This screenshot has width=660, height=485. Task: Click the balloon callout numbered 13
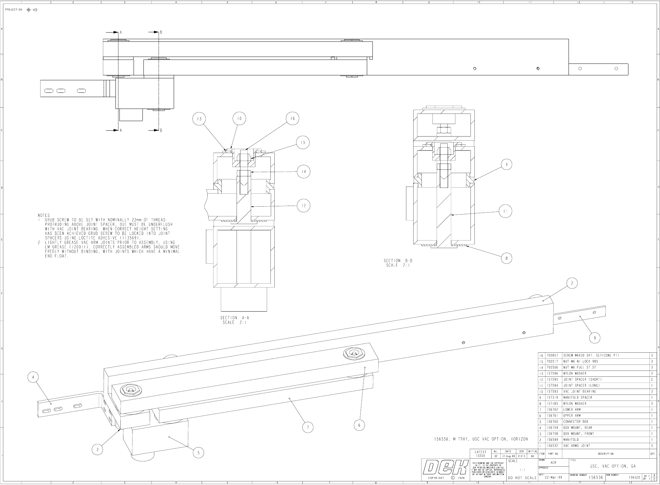coord(199,119)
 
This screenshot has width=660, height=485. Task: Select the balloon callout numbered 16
coord(292,118)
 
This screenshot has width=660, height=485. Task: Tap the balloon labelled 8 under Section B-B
coord(506,258)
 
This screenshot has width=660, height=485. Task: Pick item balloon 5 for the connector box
coord(198,453)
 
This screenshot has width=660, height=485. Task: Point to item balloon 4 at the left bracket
coord(33,377)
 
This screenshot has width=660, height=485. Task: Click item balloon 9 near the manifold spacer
coord(595,338)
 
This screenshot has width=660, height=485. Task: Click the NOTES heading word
coord(44,215)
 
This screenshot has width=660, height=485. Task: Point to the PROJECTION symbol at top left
coord(33,10)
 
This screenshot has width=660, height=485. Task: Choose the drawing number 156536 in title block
coord(596,477)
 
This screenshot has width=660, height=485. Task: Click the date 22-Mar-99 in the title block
coord(553,477)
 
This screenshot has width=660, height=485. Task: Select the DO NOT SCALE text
coord(522,478)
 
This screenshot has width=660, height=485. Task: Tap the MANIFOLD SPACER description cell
coord(577,397)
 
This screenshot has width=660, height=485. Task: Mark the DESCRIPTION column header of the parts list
coord(606,454)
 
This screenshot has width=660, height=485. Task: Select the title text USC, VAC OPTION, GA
coord(613,466)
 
